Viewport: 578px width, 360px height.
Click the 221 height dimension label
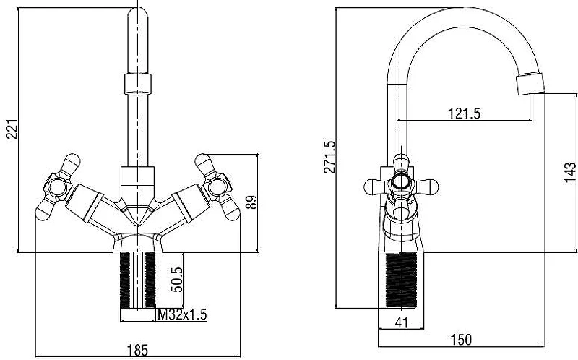click(x=12, y=129)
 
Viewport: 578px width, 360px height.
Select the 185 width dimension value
click(x=137, y=350)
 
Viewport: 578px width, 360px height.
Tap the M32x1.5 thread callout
click(x=182, y=314)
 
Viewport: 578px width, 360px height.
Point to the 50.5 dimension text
click(x=177, y=280)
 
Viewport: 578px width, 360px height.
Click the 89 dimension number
click(x=251, y=202)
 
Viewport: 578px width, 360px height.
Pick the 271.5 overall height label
click(x=329, y=157)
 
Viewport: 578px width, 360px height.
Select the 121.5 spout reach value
click(x=464, y=113)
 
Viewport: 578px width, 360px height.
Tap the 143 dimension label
click(x=570, y=172)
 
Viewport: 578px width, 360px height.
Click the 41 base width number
click(x=402, y=322)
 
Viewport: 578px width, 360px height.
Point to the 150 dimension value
click(x=461, y=340)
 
